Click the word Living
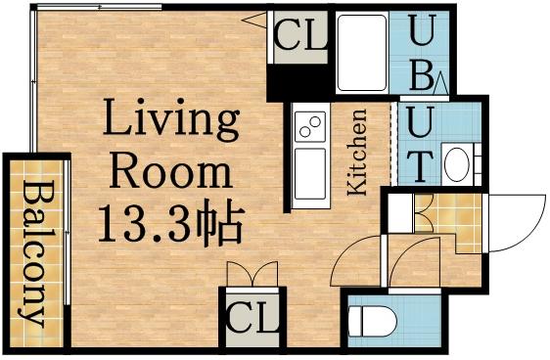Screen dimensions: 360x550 point(172,122)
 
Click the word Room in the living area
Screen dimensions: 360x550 point(171,172)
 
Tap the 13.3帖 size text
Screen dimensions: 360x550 point(169,226)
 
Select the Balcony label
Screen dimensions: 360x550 point(37,253)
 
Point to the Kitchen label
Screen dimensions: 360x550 point(357,153)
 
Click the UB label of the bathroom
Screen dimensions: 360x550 point(421,54)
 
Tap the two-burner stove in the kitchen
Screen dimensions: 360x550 point(310,127)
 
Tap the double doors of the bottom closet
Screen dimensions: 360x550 point(252,277)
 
